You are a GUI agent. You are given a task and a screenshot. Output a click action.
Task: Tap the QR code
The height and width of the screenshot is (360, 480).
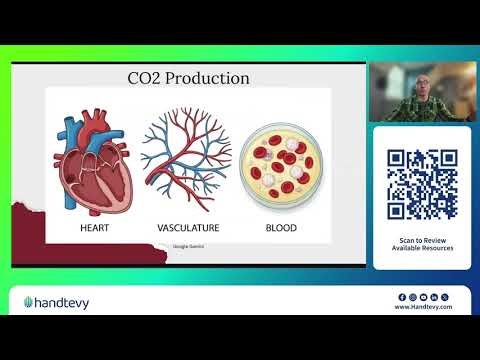pyautogui.click(x=422, y=184)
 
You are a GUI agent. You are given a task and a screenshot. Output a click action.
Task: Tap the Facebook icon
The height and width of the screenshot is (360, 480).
pyautogui.click(x=402, y=297)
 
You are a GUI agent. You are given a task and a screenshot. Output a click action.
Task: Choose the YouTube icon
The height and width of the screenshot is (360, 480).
pyautogui.click(x=423, y=297)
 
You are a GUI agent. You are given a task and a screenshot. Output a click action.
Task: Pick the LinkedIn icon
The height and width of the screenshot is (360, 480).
pyautogui.click(x=433, y=297)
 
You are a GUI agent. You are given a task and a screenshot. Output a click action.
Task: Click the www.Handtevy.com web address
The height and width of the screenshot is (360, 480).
pyautogui.click(x=423, y=308)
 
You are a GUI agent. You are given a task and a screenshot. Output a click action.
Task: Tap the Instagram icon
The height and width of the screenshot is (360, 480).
pyautogui.click(x=412, y=297)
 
